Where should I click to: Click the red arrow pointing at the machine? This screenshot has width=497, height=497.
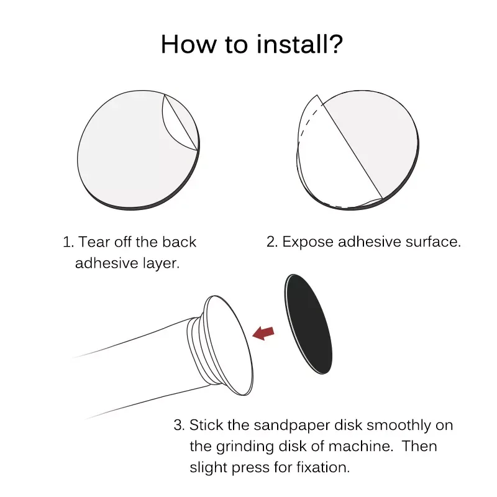coord(263,333)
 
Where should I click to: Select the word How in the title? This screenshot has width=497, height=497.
coord(189,44)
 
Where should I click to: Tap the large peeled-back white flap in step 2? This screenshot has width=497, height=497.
coord(336,158)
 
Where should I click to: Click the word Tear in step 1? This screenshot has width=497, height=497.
coord(94,242)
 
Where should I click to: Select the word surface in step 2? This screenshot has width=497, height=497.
coord(433,242)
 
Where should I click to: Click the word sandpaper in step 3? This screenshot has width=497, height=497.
coord(292,426)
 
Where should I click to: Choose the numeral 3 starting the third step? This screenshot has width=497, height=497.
coord(179,426)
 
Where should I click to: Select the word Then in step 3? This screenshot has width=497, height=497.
coord(419,446)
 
